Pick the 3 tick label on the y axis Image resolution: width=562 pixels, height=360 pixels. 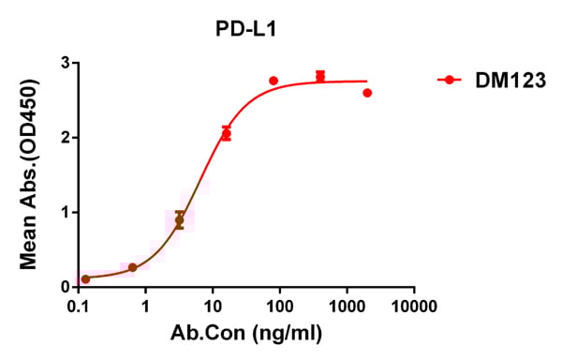tap(65, 63)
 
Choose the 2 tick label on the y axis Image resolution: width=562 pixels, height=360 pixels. tap(65, 138)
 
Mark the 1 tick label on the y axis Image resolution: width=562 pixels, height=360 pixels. tap(65, 212)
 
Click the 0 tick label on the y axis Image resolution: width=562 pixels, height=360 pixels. tap(65, 287)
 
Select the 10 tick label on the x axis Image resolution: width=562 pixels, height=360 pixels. tap(213, 307)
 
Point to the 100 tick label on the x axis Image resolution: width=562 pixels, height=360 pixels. tap(279, 307)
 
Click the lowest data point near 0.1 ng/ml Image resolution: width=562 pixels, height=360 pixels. tap(86, 279)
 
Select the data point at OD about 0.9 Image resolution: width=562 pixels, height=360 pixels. tap(180, 220)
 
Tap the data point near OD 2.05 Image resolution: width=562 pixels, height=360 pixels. tap(226, 134)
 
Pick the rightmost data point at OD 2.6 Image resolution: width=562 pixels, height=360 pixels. tap(367, 93)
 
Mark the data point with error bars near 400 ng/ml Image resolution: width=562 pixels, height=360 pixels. tap(320, 76)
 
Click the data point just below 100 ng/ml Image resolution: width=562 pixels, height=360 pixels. tap(274, 81)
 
